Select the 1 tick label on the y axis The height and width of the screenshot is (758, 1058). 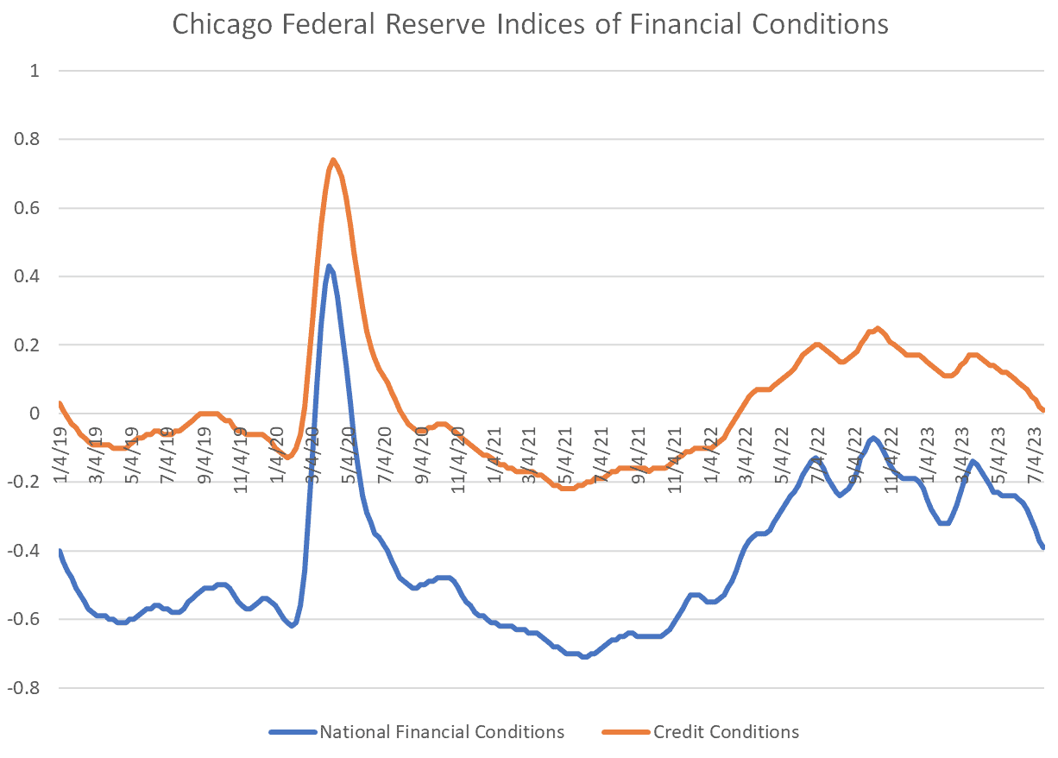coord(35,71)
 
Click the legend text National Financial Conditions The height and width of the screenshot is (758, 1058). coord(442,732)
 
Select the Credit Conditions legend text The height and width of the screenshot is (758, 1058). coord(726,732)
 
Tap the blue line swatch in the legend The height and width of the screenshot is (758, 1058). coord(293,732)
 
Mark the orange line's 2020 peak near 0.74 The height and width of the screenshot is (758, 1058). coord(333,160)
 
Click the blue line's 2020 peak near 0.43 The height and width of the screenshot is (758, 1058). coord(329,266)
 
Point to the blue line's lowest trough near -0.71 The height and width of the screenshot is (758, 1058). coord(585,657)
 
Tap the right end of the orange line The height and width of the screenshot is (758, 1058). coord(1043,410)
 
